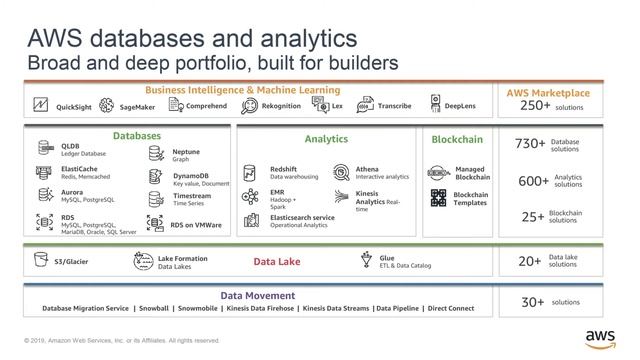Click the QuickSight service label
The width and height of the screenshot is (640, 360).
point(73,106)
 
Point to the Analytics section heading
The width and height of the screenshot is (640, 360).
point(326,139)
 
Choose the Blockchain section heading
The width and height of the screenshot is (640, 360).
point(459,139)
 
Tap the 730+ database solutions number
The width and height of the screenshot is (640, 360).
point(530,144)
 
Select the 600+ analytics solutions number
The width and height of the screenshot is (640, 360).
point(531,181)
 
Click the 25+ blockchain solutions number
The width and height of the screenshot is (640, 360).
point(533,216)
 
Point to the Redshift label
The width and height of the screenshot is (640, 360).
point(283,170)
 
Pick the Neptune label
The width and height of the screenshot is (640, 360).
point(186,152)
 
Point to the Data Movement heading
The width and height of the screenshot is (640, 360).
point(258,295)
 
